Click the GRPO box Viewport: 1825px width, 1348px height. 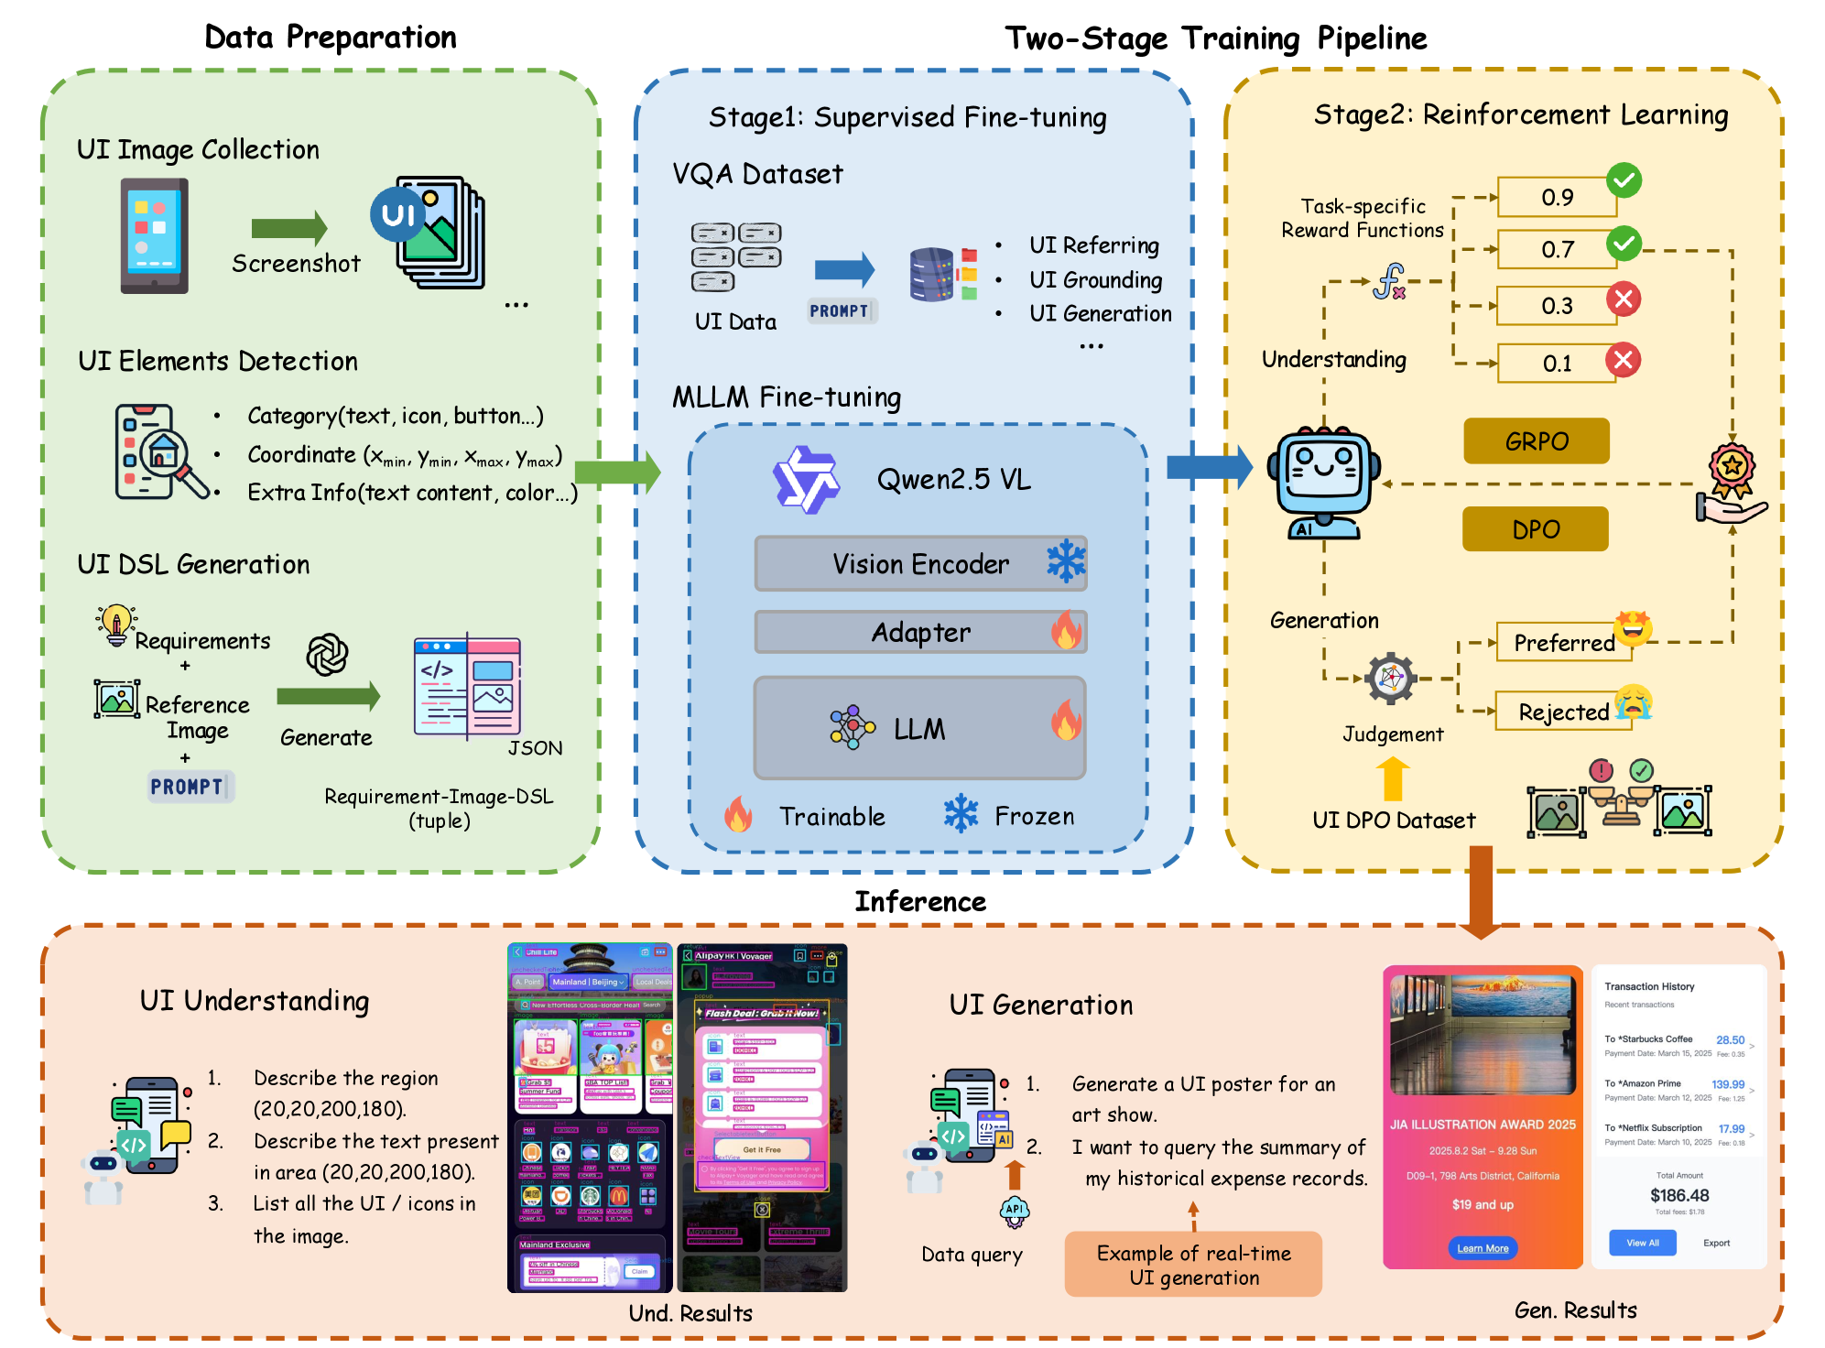1536,441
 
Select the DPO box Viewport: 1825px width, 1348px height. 1535,529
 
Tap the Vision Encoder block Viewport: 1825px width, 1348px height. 920,564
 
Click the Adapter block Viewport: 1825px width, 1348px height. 920,632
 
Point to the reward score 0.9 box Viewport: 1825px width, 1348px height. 1557,198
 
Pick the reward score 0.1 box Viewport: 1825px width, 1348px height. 1557,364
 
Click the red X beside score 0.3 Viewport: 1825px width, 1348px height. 1624,299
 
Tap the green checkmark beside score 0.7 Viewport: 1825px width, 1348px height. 1624,244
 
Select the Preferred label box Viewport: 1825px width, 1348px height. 1564,643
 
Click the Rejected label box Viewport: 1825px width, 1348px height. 1563,712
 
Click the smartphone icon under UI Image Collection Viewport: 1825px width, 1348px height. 154,236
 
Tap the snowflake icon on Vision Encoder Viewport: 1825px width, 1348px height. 1066,561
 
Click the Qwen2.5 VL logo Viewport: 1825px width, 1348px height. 806,479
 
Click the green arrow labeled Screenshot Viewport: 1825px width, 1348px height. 288,228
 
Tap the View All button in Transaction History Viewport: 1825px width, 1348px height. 1642,1243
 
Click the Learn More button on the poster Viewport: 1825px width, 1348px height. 1483,1248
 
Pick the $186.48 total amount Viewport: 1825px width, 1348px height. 1679,1195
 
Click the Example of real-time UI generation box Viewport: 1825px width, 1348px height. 1193,1265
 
